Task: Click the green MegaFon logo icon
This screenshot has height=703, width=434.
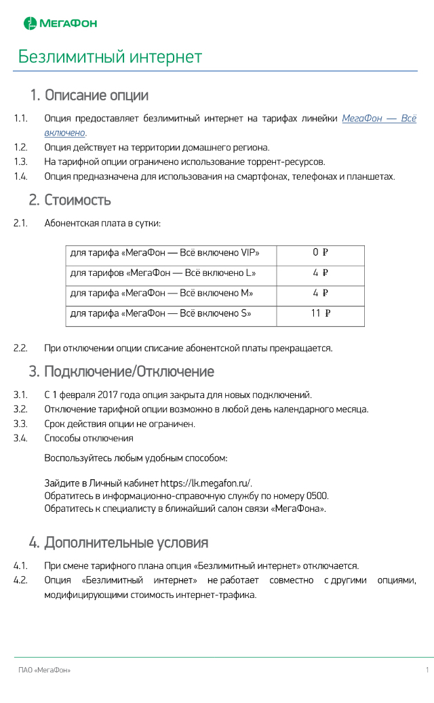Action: (x=31, y=24)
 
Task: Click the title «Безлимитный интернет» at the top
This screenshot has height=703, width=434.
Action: (x=110, y=56)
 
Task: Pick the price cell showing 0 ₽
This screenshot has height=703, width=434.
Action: (x=320, y=253)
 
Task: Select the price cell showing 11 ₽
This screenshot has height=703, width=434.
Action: (x=320, y=313)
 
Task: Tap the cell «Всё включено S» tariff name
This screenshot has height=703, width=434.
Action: (x=161, y=313)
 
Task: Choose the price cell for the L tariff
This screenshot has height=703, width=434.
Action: (x=320, y=273)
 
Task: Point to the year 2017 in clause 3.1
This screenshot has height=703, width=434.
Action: (x=108, y=395)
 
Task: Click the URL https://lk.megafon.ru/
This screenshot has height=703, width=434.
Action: (x=206, y=483)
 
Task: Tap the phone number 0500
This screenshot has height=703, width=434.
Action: (x=317, y=496)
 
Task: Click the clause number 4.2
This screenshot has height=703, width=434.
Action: (x=20, y=580)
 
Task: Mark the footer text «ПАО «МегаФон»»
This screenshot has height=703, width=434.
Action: (x=44, y=670)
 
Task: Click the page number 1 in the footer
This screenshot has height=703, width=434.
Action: (x=427, y=670)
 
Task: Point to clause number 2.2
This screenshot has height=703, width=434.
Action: (x=20, y=348)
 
